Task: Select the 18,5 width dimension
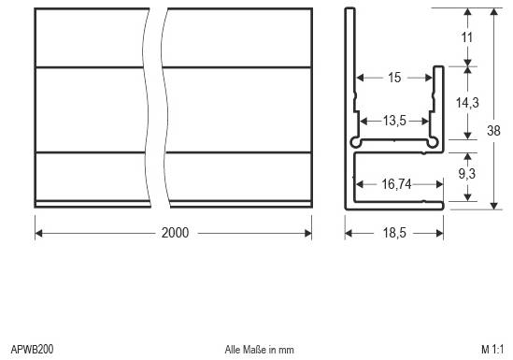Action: point(394,232)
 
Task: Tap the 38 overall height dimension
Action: point(494,132)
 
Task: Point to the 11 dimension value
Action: point(467,37)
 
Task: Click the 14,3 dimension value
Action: point(468,103)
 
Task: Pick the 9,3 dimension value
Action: point(468,173)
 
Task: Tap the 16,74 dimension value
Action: point(396,186)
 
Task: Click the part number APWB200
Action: point(32,349)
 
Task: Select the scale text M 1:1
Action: point(492,349)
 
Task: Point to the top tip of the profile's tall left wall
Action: point(349,10)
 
